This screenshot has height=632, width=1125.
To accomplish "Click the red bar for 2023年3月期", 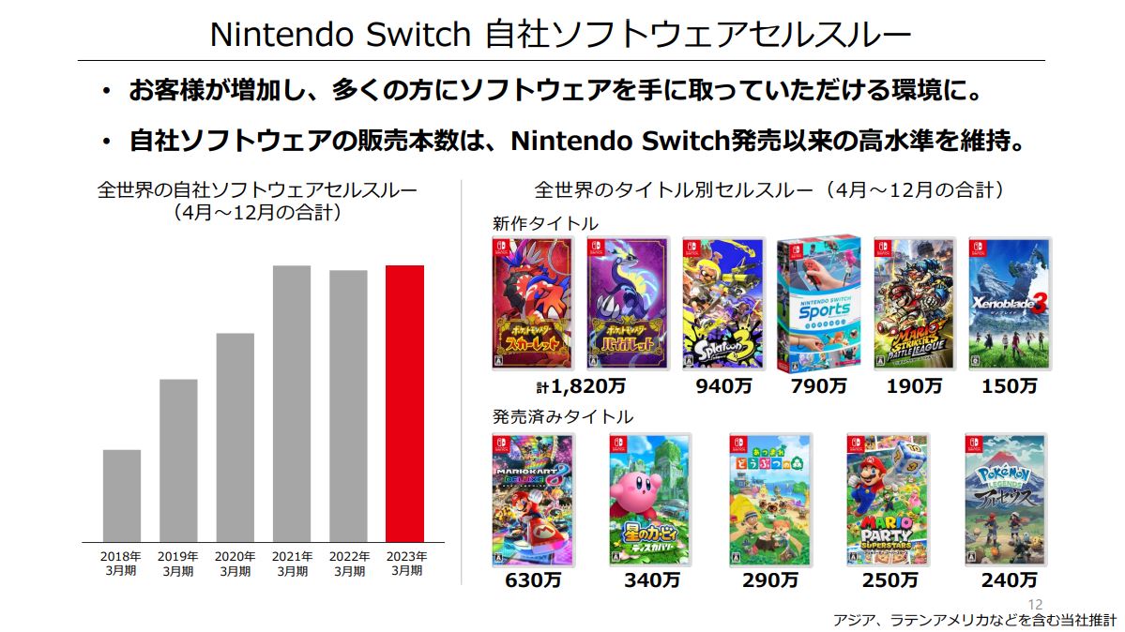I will (404, 403).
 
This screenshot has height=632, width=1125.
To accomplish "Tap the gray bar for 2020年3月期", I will (235, 437).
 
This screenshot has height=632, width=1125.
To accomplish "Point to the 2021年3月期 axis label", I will (292, 563).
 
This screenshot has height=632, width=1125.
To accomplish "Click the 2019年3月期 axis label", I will (178, 563).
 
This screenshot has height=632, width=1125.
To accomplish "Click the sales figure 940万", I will (722, 385).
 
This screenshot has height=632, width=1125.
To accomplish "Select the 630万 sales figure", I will (533, 580).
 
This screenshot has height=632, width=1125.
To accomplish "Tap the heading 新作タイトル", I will (545, 223).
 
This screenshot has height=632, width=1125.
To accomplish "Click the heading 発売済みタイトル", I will (563, 416).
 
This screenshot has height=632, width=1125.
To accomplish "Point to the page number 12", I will (1036, 605).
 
